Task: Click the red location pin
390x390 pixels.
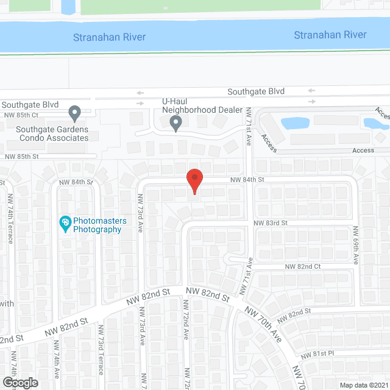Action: pyautogui.click(x=194, y=181)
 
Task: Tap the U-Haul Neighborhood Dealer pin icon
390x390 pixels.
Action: pyautogui.click(x=175, y=124)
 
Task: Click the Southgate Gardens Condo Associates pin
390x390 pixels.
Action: pyautogui.click(x=75, y=113)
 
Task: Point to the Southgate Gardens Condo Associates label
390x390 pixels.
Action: pyautogui.click(x=52, y=133)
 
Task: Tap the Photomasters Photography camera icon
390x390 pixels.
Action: pyautogui.click(x=65, y=225)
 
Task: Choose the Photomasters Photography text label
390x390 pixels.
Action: pyautogui.click(x=97, y=225)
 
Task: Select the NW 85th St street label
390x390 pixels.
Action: pyautogui.click(x=21, y=157)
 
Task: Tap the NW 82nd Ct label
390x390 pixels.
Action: pyautogui.click(x=303, y=267)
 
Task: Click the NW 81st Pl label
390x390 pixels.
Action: pyautogui.click(x=315, y=354)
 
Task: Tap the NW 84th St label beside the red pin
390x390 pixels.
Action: pyautogui.click(x=247, y=180)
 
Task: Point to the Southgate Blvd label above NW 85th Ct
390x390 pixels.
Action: pyautogui.click(x=29, y=105)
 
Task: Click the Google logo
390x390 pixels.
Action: pyautogui.click(x=20, y=382)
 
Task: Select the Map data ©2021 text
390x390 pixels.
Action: pyautogui.click(x=363, y=385)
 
